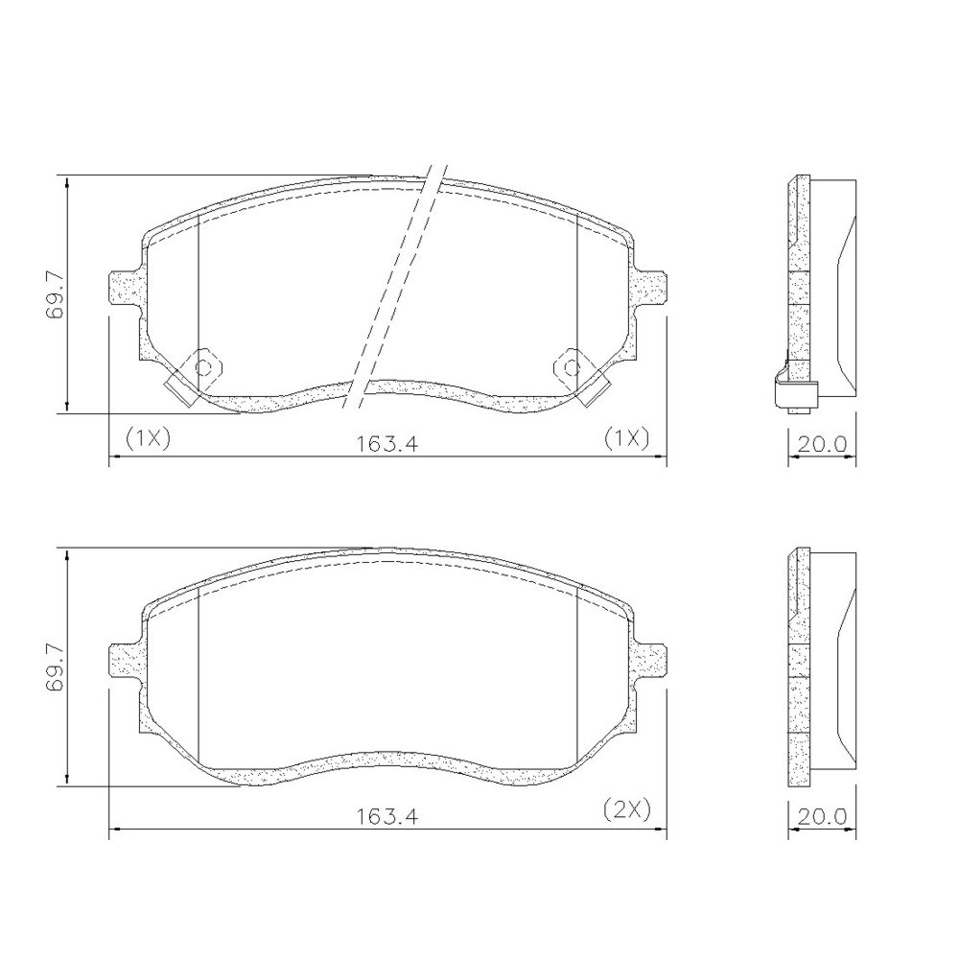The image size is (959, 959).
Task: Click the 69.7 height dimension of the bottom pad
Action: [x=55, y=667]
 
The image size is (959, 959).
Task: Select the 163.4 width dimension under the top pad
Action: [x=387, y=444]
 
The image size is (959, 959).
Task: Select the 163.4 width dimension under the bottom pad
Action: [x=387, y=816]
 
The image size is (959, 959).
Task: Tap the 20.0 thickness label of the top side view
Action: [x=822, y=444]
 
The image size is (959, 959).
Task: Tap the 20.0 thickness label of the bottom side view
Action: [x=822, y=816]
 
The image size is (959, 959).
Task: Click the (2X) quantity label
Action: [x=626, y=809]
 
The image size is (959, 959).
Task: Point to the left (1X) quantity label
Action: [x=148, y=438]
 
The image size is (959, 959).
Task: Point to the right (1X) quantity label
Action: [x=626, y=438]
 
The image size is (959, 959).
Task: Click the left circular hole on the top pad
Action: [x=202, y=367]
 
